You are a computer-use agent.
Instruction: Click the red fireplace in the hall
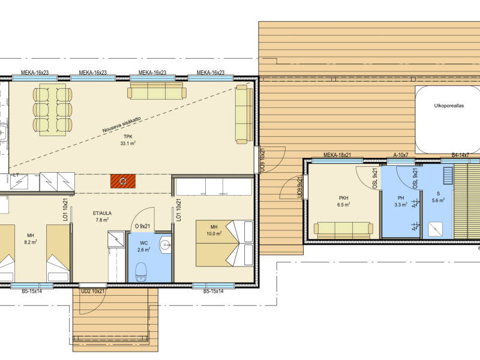[x=123, y=181]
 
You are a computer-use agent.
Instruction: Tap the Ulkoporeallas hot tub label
[x=449, y=106]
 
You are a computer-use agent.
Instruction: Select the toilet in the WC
[x=142, y=271]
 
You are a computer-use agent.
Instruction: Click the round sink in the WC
[x=166, y=245]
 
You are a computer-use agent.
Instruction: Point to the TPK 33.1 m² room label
[x=128, y=140]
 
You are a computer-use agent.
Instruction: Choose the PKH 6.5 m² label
[x=343, y=202]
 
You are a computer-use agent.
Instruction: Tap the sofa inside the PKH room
[x=343, y=230]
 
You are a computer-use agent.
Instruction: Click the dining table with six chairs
[x=53, y=109]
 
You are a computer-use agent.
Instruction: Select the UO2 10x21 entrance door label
[x=92, y=292]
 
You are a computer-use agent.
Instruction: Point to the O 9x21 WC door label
[x=142, y=227]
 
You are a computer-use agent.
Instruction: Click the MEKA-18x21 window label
[x=337, y=155]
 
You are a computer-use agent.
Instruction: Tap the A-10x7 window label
[x=401, y=155]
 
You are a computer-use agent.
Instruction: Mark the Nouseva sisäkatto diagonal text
[x=122, y=125]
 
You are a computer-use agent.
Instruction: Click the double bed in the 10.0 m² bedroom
[x=224, y=243]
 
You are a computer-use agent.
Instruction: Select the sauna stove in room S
[x=435, y=229]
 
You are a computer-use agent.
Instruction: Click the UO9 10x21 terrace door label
[x=262, y=160]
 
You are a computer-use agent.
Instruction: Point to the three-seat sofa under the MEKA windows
[x=157, y=91]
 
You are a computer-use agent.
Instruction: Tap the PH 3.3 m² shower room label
[x=401, y=202]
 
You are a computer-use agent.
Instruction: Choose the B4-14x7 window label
[x=460, y=155]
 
